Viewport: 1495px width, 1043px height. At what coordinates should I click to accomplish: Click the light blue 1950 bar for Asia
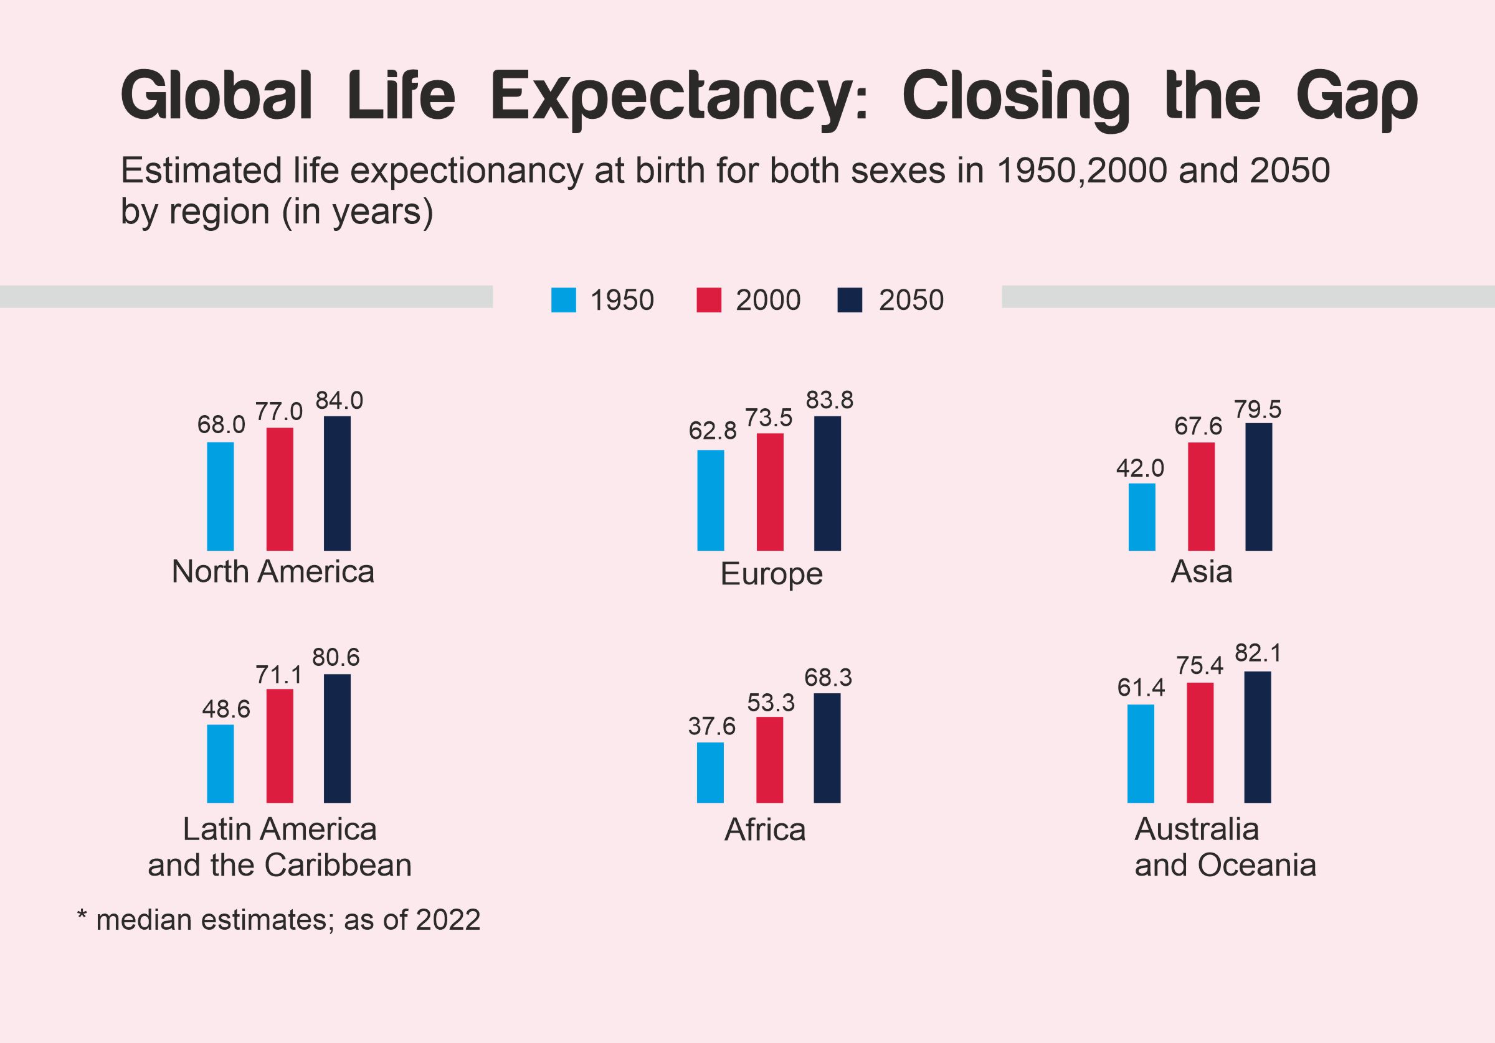[1141, 517]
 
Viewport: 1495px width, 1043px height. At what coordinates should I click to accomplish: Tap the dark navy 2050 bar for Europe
[827, 483]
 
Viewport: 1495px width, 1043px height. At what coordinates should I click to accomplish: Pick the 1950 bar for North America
[220, 496]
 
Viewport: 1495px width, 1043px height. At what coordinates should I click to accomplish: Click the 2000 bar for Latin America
[279, 746]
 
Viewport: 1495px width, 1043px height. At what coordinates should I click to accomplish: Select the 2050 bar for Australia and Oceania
[1256, 737]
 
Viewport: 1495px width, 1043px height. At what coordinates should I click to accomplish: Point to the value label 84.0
[339, 401]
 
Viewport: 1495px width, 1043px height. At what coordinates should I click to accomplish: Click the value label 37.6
[712, 726]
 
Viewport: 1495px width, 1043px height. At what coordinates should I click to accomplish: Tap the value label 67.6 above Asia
[1198, 426]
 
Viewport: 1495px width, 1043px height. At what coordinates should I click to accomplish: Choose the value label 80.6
[335, 658]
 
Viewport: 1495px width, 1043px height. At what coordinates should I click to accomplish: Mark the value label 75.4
[1199, 666]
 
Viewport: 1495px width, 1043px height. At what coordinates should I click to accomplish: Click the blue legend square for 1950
[563, 300]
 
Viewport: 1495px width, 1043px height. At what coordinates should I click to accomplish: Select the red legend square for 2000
[708, 300]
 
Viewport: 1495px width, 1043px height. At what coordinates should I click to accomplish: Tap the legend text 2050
[911, 301]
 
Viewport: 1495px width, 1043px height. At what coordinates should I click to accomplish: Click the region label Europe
[771, 574]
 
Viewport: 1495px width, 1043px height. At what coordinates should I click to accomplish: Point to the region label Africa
[764, 830]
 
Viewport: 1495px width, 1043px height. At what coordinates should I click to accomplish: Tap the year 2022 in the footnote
[447, 920]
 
